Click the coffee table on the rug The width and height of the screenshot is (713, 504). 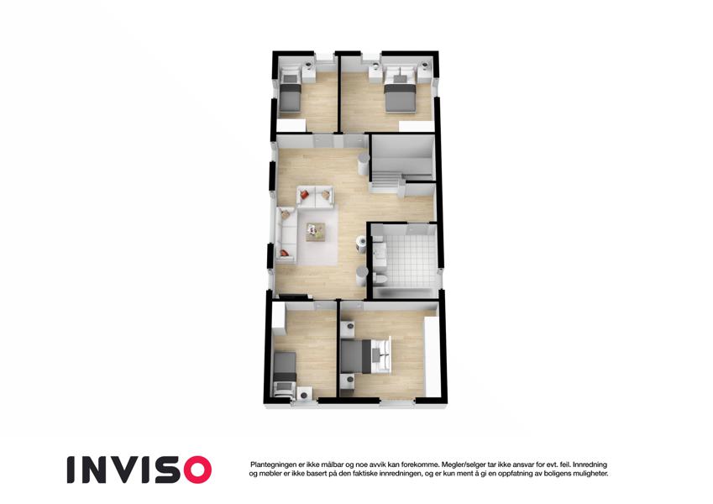point(316,232)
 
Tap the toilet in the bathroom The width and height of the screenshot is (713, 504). point(380,278)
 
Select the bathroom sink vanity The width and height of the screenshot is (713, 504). point(380,250)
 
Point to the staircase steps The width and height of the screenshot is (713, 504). point(387,179)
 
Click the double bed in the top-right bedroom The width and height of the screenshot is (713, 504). point(400,90)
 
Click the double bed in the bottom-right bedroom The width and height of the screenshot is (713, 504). point(365,356)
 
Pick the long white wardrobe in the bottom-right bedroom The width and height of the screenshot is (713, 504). point(432,357)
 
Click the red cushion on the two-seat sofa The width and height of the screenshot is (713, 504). point(304,195)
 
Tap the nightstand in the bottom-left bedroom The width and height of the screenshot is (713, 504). point(304,393)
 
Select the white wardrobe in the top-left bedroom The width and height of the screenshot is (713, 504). point(291,125)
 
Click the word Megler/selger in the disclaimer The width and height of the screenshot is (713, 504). point(464,465)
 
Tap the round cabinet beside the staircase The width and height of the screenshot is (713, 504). point(364,164)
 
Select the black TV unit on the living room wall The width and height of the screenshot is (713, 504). point(293,297)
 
